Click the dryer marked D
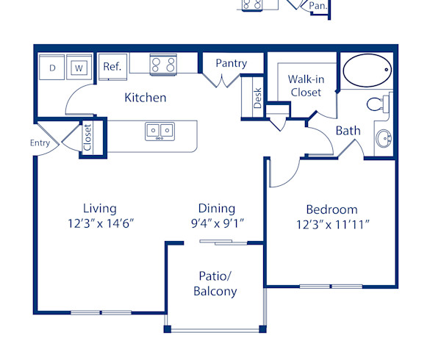pos(52,68)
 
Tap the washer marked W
pos(79,68)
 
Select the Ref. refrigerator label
pos(112,66)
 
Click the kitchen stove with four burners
pos(163,65)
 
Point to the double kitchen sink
pos(159,132)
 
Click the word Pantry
pos(231,63)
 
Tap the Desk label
pos(258,98)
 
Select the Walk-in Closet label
pos(305,85)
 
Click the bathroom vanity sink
pos(383,137)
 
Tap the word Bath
pos(348,131)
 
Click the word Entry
pos(40,143)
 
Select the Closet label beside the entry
pos(87,137)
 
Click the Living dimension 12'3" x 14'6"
pos(99,223)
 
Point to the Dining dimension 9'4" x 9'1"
pos(216,223)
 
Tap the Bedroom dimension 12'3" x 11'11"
pos(331,223)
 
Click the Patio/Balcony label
pos(215,284)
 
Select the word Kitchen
pos(145,98)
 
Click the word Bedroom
pos(331,209)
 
